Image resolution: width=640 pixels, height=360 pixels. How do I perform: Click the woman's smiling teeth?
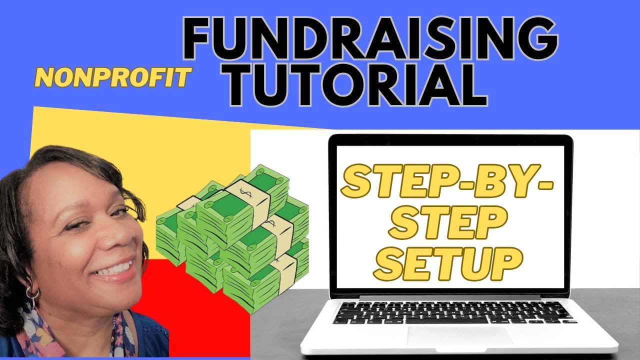(x=116, y=268)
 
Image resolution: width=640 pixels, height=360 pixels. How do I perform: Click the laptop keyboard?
(x=452, y=312)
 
